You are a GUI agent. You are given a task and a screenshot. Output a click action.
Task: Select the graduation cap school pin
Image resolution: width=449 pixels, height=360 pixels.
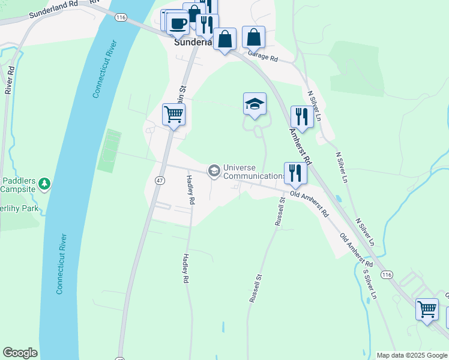pos(255,104)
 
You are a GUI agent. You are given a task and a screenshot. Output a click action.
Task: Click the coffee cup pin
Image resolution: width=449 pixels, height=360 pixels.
pos(178,24)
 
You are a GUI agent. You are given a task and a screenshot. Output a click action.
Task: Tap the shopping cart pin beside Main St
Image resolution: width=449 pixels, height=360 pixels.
pos(173,113)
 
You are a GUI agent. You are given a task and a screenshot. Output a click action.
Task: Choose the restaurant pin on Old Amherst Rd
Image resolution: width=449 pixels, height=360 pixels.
pos(295,173)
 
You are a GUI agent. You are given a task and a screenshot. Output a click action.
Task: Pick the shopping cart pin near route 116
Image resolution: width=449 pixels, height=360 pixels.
pos(427,310)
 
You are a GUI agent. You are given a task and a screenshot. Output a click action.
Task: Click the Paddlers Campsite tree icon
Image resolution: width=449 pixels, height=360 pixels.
pos(44,183)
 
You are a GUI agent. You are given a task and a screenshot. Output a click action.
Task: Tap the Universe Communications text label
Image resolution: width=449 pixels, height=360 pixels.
pos(255,172)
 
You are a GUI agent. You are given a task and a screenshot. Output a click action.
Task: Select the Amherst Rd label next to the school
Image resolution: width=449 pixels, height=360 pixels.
pos(300,146)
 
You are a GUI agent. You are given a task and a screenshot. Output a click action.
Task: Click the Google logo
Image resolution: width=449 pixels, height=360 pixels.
pos(20,353)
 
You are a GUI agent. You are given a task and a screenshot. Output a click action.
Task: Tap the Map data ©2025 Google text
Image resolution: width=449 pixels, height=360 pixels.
pos(412,355)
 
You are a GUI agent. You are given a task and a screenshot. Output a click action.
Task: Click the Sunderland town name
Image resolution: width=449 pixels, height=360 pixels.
pos(192,43)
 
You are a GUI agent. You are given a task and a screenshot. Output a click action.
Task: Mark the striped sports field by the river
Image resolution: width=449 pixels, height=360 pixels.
pos(109,151)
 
